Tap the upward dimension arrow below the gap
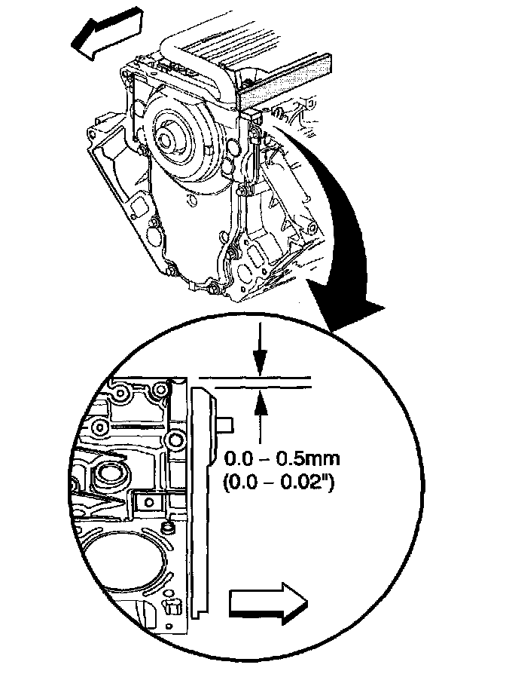click(x=260, y=411)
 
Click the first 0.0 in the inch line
click(x=245, y=481)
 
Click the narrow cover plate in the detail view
click(x=200, y=498)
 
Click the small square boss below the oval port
click(x=148, y=501)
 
